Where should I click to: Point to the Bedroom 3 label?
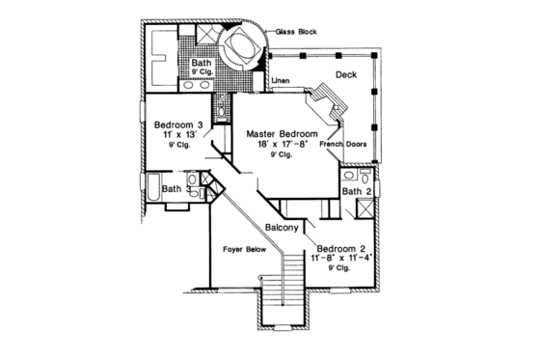click(179, 124)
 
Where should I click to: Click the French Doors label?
click(342, 145)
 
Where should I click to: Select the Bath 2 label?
click(355, 192)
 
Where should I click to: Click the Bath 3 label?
click(177, 190)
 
